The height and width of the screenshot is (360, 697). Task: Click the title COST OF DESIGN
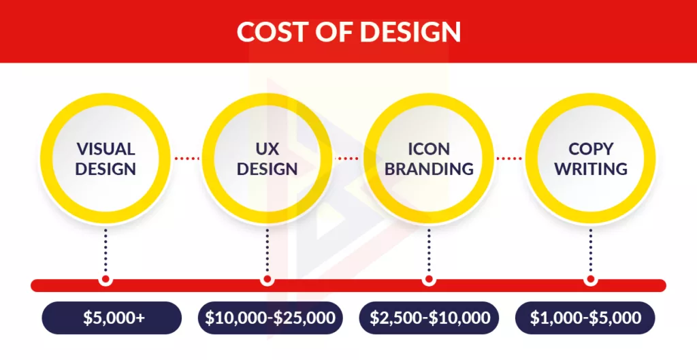348,31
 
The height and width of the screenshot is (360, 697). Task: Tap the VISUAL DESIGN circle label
106,159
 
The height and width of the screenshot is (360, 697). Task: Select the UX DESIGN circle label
267,159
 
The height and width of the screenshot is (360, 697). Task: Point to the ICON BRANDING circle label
429,159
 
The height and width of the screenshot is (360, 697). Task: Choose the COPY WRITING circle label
591,159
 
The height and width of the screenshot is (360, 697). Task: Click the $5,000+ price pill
112,318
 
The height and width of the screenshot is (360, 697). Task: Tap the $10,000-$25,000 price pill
270,318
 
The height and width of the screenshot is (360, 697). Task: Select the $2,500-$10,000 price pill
429,318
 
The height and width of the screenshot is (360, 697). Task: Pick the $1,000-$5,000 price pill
585,318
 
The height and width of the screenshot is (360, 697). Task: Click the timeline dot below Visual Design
106,280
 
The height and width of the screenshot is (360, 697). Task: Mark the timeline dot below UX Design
267,280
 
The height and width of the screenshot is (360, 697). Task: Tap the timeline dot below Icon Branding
429,280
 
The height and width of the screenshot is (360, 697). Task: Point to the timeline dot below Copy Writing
591,280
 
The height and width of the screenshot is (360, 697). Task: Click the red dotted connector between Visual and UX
187,158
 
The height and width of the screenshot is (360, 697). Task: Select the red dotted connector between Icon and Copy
509,158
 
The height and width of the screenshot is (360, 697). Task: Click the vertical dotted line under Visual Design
106,250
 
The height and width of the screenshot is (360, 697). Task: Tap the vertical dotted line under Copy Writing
591,250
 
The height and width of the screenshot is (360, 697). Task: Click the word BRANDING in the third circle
429,169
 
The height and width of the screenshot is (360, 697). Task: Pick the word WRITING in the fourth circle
591,169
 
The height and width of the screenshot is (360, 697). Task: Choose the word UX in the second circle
267,148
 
